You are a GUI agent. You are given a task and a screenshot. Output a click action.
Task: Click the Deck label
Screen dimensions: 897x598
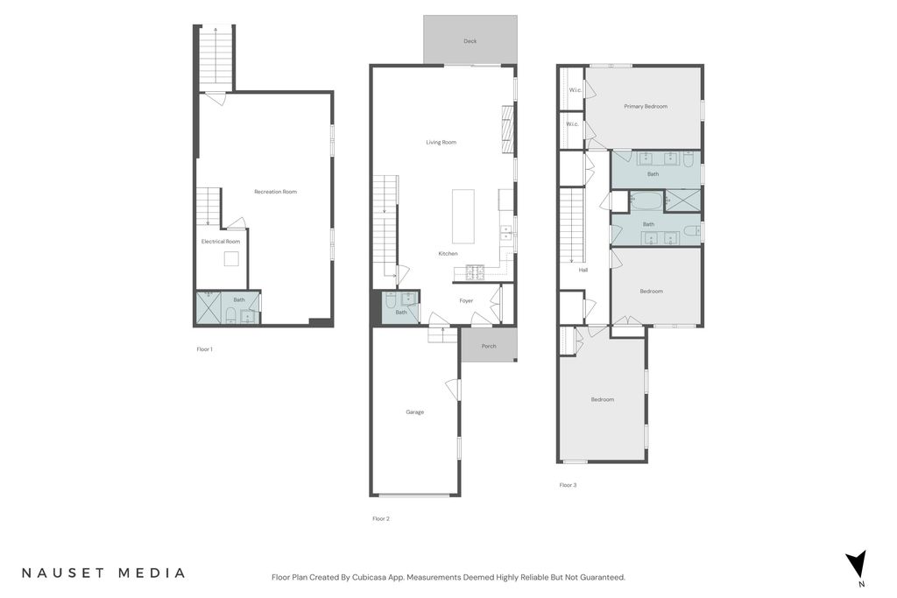(x=470, y=41)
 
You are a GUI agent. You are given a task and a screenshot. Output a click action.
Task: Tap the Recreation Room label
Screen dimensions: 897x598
(x=276, y=192)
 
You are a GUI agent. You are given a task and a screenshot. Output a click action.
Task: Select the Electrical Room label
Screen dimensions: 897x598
(x=221, y=242)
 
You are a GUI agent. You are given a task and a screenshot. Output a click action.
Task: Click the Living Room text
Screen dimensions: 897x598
(x=441, y=143)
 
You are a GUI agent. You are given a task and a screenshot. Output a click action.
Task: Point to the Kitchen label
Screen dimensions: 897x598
(x=448, y=254)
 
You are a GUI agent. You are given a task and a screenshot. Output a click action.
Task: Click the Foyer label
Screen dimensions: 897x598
(x=466, y=300)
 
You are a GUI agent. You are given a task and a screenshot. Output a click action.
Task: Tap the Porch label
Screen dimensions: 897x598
(x=489, y=347)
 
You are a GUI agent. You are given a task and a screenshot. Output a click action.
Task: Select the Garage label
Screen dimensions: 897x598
(x=414, y=412)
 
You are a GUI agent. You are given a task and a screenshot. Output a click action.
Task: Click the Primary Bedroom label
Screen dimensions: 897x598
(x=646, y=106)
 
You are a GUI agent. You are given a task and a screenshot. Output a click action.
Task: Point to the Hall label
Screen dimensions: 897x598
(x=583, y=270)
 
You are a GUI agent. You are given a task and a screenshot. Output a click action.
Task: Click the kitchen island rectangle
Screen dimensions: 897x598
(x=463, y=216)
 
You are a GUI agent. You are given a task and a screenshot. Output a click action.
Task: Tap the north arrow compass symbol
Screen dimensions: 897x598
(x=857, y=564)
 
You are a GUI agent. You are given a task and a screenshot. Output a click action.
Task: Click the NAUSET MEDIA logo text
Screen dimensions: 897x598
(x=103, y=573)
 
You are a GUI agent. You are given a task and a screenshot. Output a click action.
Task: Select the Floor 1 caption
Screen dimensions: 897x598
(x=204, y=349)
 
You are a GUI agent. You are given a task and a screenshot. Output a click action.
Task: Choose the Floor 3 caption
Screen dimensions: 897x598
(x=568, y=485)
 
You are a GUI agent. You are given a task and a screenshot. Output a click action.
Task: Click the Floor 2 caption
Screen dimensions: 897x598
(x=381, y=519)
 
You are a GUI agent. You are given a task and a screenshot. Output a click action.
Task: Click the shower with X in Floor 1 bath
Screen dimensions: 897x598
(x=208, y=308)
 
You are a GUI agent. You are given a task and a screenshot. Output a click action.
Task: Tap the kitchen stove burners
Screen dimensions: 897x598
(x=476, y=273)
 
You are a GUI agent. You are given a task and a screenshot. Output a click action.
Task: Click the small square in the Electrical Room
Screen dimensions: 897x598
(x=231, y=259)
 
